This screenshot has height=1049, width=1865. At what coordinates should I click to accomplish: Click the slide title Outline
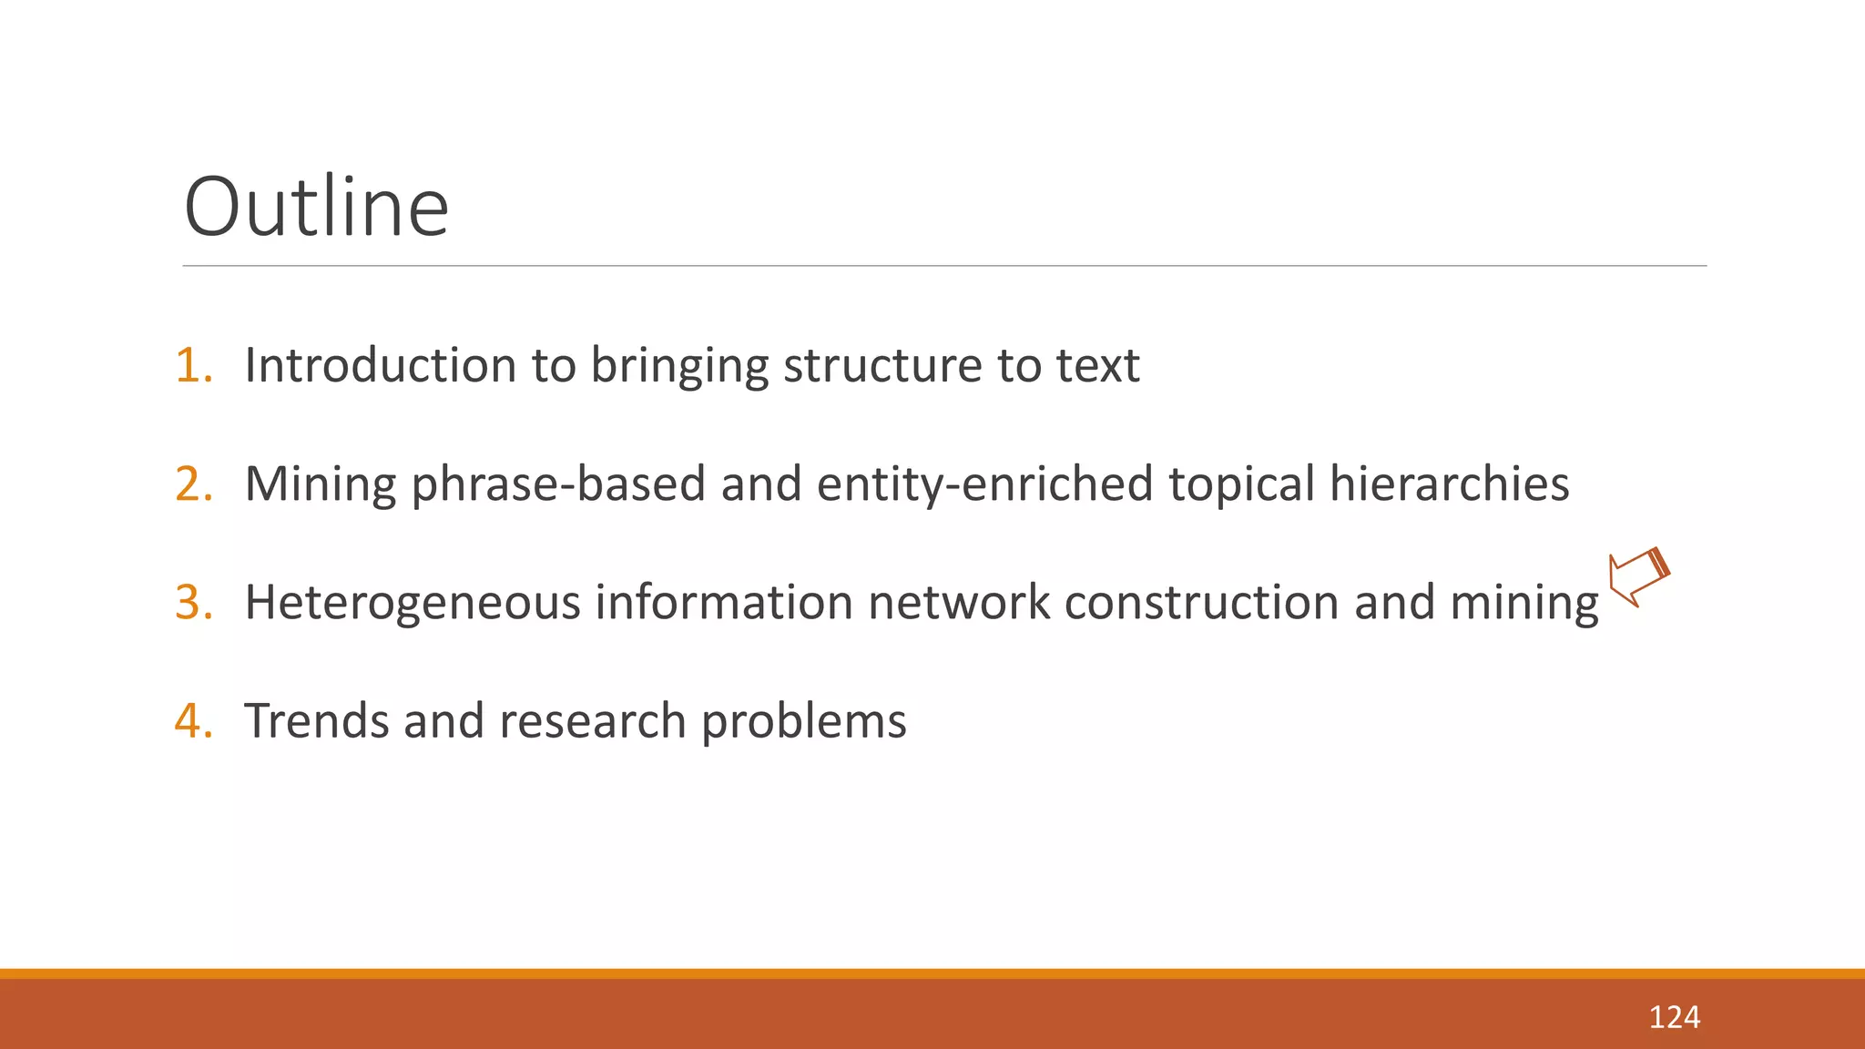(x=316, y=208)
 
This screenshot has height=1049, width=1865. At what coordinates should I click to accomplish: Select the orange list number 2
(x=193, y=484)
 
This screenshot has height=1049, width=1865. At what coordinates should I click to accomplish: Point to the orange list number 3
(x=193, y=603)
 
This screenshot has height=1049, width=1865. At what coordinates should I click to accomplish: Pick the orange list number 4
(x=193, y=721)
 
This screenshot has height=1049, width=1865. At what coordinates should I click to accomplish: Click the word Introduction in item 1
(x=381, y=366)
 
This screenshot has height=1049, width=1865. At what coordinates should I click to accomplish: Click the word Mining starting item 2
(x=320, y=484)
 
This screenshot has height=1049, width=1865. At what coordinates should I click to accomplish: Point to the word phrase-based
(x=558, y=485)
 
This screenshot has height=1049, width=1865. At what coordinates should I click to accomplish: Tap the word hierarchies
(x=1449, y=484)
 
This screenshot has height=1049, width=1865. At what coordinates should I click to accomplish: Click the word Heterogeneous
(x=413, y=603)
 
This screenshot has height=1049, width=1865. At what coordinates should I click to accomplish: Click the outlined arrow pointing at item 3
(x=1638, y=577)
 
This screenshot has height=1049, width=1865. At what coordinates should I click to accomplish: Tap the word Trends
(x=317, y=721)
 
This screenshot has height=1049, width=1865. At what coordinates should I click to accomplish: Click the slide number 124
(x=1674, y=1017)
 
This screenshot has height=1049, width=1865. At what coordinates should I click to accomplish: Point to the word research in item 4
(x=592, y=721)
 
